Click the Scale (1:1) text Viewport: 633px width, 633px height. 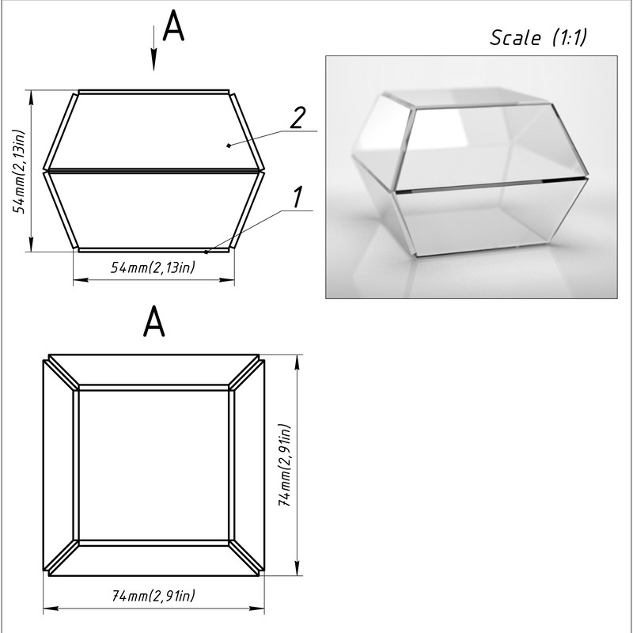coord(538,37)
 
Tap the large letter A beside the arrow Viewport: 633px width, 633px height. coord(173,25)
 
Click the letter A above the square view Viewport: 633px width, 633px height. coord(154,321)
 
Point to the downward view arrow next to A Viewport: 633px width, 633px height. coord(154,47)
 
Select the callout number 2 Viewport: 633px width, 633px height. coord(298,118)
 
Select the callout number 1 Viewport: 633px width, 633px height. coord(298,197)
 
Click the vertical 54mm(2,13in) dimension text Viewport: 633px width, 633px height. coord(19,171)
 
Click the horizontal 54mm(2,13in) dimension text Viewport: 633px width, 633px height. coord(153,267)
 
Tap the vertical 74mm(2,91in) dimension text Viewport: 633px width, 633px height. coord(284,465)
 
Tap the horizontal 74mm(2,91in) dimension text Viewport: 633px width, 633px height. coord(154,596)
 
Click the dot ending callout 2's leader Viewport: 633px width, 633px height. coord(229,146)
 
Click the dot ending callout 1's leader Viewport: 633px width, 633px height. coord(206,252)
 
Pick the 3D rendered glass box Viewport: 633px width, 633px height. coord(470,172)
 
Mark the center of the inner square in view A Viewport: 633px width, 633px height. coord(154,465)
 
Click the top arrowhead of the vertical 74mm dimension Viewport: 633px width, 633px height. coord(298,362)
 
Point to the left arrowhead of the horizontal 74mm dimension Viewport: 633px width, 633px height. coord(51,608)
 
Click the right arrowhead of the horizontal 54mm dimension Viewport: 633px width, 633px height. coord(227,279)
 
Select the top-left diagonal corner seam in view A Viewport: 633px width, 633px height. coord(62,372)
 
